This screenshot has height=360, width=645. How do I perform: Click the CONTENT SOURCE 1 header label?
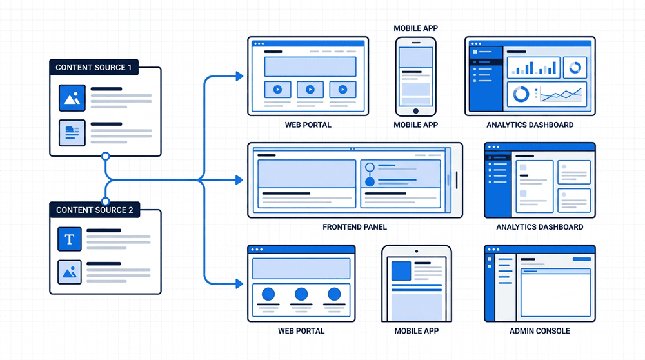point(94,68)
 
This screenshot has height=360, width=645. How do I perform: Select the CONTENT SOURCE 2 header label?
point(95,210)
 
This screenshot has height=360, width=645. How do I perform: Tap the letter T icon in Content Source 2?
point(70,239)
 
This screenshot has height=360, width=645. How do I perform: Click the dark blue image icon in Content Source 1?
point(72,98)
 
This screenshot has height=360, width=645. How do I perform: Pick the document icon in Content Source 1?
point(72,133)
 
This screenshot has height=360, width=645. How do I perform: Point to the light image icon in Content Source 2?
point(70,272)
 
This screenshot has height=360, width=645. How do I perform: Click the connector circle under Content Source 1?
point(106,156)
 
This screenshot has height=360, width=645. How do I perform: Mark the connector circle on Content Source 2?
point(106,201)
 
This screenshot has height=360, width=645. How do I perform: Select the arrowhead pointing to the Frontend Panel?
point(239,180)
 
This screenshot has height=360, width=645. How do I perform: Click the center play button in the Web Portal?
point(310,89)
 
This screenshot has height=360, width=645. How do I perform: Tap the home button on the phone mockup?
point(416,111)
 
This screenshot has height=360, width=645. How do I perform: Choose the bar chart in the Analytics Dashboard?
point(533,68)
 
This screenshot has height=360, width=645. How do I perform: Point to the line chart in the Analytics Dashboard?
point(561,95)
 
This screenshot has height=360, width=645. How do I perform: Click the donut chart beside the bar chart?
point(575,67)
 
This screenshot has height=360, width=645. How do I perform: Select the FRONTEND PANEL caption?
point(355,227)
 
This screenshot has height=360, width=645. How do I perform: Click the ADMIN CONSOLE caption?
point(540,331)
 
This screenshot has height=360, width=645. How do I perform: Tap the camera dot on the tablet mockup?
point(417,251)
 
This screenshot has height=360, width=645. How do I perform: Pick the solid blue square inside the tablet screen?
point(401,271)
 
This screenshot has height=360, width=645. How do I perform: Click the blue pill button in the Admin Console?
point(582,259)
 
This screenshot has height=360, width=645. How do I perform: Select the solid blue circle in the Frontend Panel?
point(370,181)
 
